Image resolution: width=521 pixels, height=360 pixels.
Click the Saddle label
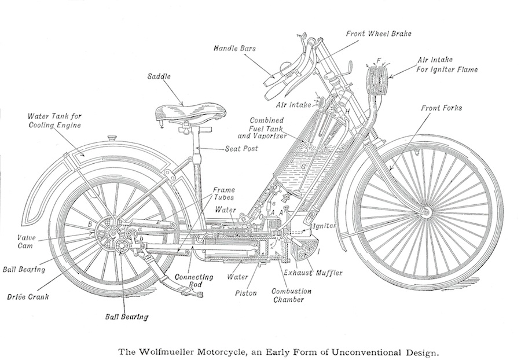click(x=159, y=76)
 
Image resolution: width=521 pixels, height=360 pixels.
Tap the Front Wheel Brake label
click(x=379, y=34)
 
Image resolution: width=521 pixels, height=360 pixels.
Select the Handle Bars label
click(x=235, y=48)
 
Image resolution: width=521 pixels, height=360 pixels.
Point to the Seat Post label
click(x=241, y=148)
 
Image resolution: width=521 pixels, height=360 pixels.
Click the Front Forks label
click(x=442, y=108)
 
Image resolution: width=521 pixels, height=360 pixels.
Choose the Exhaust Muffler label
click(x=313, y=273)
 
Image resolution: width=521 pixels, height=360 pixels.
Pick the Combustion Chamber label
click(x=291, y=295)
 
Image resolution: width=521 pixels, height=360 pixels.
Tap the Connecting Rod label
click(x=194, y=281)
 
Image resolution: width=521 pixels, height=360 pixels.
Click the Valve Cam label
click(x=26, y=241)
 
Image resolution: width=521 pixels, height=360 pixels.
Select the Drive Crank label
click(x=28, y=296)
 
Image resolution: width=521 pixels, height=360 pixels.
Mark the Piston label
click(x=246, y=293)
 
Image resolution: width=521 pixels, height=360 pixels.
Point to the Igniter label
click(x=325, y=226)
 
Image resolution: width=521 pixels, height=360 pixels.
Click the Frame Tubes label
click(x=223, y=194)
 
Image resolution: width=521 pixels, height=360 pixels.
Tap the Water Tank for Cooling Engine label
click(x=54, y=120)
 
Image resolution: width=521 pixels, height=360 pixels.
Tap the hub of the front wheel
click(x=425, y=212)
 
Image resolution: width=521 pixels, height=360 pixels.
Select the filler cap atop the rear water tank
click(x=111, y=138)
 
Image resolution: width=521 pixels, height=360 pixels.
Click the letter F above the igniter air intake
click(x=379, y=61)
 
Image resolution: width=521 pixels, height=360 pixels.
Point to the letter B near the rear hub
click(x=90, y=225)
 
